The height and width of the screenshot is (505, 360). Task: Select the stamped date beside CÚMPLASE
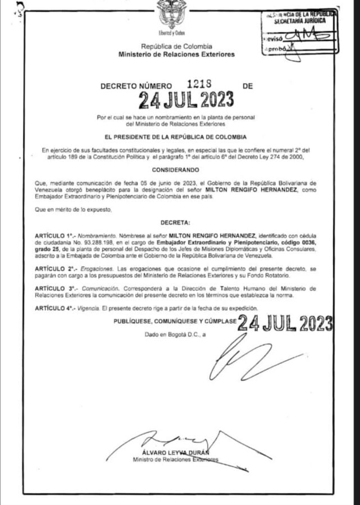tap(285, 324)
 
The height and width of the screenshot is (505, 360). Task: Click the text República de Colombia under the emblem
tap(176, 47)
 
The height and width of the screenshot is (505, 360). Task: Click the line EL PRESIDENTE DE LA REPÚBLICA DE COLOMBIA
tap(176, 136)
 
